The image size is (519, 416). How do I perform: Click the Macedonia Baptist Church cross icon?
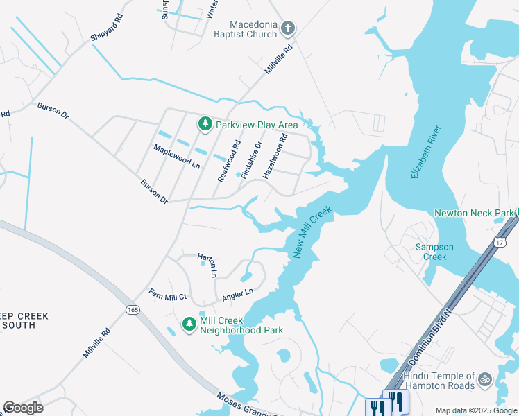[x=288, y=28]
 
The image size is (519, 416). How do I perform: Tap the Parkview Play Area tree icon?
[x=205, y=124]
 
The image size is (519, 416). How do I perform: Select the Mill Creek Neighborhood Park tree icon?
[x=189, y=324]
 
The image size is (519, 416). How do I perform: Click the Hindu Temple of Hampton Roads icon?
[x=485, y=379]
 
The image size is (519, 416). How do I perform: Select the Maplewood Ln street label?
[x=177, y=157]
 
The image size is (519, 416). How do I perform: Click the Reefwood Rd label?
[x=228, y=159]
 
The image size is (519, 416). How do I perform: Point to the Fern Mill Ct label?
[x=168, y=296]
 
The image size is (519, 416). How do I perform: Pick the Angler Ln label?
[x=238, y=295]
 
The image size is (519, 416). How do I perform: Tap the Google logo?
[x=24, y=408]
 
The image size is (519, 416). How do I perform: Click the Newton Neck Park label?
[x=474, y=213]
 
